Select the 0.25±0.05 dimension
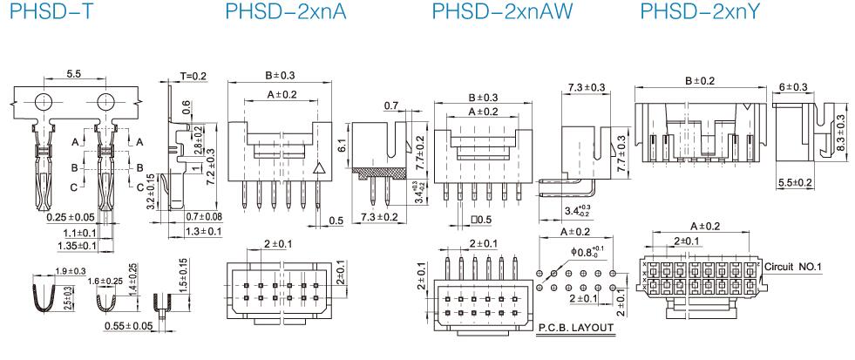[x=70, y=217]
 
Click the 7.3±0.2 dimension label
[x=378, y=216]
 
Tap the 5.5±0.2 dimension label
[x=794, y=182]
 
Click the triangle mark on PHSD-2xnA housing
[x=319, y=171]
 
